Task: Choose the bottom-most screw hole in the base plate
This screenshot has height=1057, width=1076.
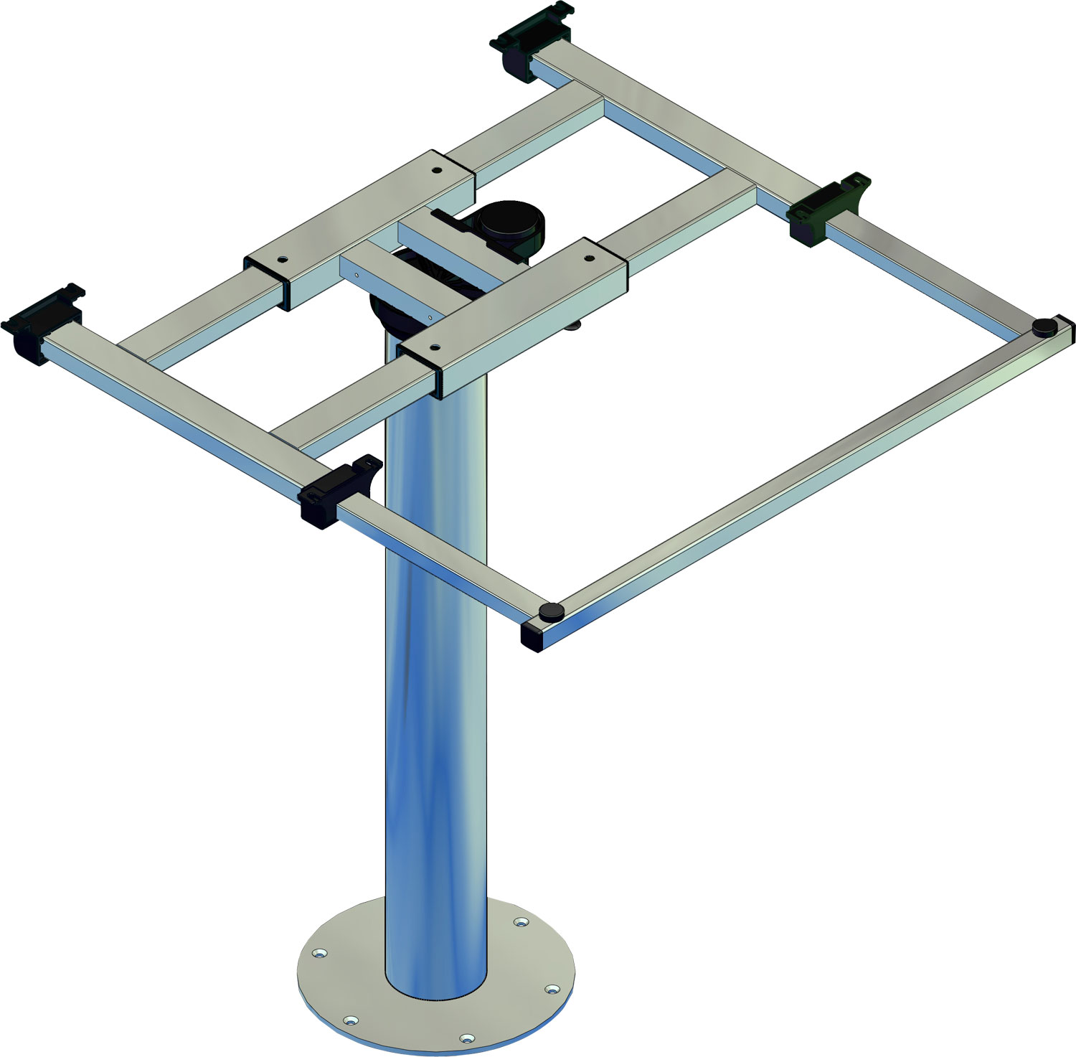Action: (467, 1038)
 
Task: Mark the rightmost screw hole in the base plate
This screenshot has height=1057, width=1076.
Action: (551, 990)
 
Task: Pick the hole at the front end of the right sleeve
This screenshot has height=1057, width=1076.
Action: (434, 346)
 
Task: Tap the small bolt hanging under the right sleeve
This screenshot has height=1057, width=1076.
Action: (574, 327)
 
